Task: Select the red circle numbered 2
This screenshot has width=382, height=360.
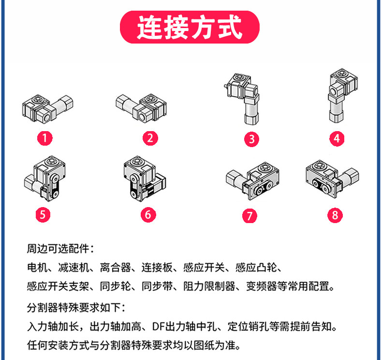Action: tap(150, 138)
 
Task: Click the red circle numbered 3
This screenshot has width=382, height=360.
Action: tap(251, 139)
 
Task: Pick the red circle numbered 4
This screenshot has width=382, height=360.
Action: tap(337, 139)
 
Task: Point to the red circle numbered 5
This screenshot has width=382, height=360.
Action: tap(44, 214)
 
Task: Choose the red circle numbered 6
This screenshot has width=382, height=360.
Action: tap(148, 214)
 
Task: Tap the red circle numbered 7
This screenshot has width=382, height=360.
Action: tap(249, 215)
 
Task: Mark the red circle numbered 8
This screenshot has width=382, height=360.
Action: tap(335, 215)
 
